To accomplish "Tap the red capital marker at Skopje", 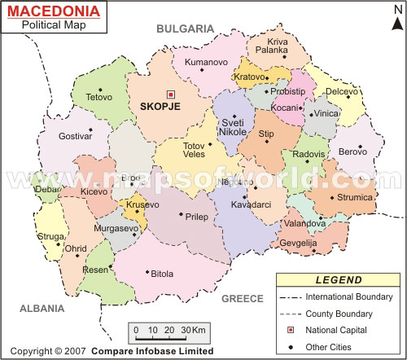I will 170,94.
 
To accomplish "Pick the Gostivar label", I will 75,137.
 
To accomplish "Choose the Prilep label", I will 197,217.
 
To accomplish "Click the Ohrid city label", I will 76,248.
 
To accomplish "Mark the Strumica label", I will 355,197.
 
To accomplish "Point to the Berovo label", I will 352,151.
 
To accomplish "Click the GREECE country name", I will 243,299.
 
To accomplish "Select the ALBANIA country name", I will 42,309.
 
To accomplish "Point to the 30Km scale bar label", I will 195,329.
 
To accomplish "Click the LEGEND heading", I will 339,280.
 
